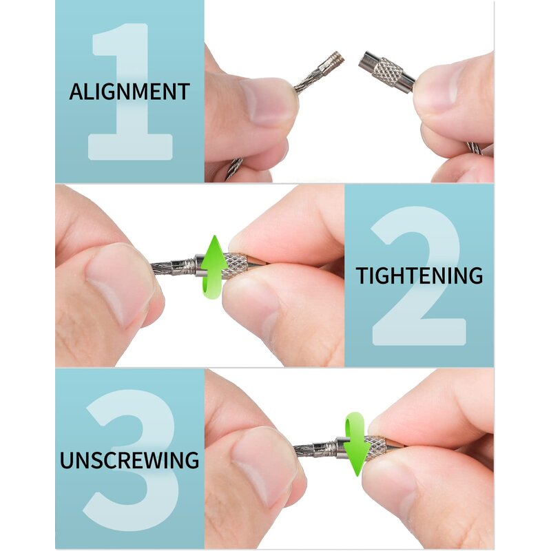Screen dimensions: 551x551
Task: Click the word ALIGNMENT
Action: (129, 92)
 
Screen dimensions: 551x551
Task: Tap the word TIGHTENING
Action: (419, 275)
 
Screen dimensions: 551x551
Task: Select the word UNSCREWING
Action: (129, 459)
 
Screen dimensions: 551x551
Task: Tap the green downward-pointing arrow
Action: (355, 445)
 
